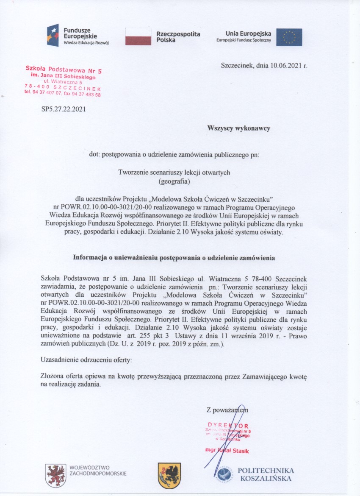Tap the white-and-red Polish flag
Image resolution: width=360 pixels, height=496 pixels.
pyautogui.click(x=138, y=36)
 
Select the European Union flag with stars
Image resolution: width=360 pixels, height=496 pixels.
pyautogui.click(x=289, y=37)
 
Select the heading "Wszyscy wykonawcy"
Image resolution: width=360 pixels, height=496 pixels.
pyautogui.click(x=238, y=128)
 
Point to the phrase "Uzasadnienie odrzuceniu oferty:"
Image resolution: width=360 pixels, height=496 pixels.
pyautogui.click(x=86, y=359)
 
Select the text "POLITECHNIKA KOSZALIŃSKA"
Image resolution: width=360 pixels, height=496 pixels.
pyautogui.click(x=266, y=474)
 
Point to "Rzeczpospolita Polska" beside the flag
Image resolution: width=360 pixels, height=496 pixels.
pyautogui.click(x=178, y=36)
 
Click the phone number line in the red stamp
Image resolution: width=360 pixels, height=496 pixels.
pyautogui.click(x=63, y=95)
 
